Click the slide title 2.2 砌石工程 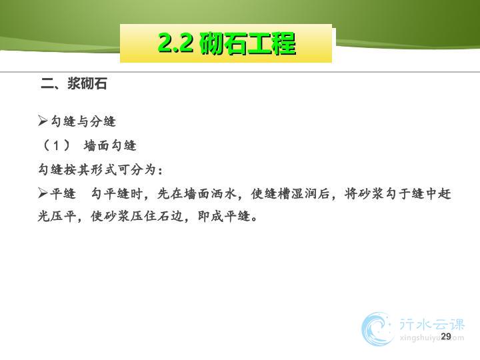(227, 43)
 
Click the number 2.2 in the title (176, 43)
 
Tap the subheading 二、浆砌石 (74, 83)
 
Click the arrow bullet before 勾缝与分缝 (43, 121)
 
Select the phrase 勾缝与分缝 (83, 121)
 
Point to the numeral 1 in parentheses (56, 145)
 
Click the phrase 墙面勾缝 (110, 145)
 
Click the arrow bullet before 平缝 (43, 193)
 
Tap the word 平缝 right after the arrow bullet (63, 193)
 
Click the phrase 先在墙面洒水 (197, 193)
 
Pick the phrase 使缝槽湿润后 (290, 193)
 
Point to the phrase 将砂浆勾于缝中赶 (397, 193)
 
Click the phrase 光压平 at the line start (57, 217)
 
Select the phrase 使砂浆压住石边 (137, 217)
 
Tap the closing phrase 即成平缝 (224, 217)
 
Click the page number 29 (446, 336)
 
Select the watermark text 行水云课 (431, 324)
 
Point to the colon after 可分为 (160, 171)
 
